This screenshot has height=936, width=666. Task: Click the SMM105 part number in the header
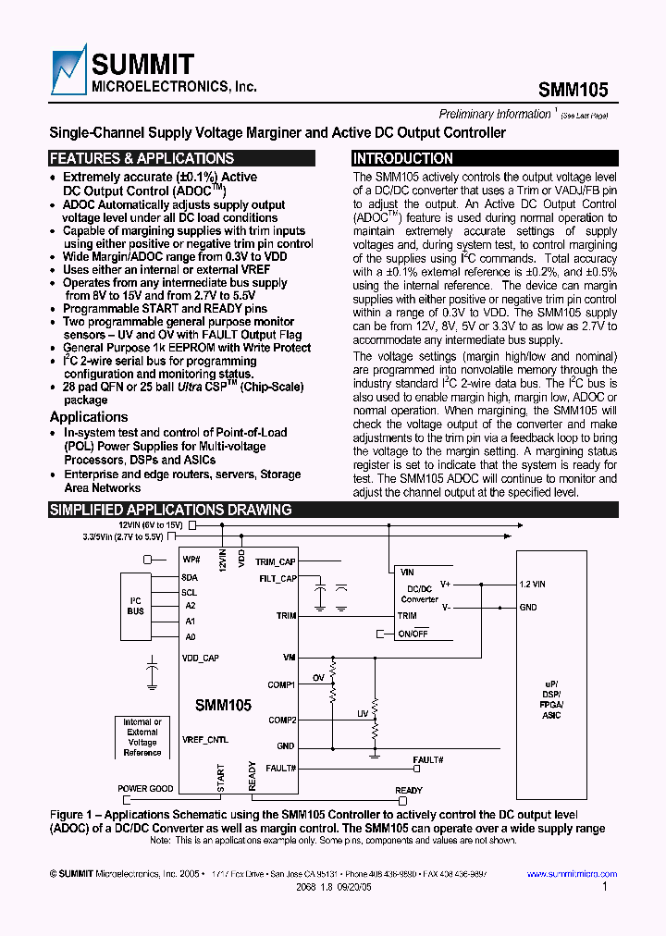click(x=573, y=91)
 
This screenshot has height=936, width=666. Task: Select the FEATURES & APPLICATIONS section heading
click(x=142, y=158)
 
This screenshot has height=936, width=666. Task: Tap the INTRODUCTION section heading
click(x=403, y=158)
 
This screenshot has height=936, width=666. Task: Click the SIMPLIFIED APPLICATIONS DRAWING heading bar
click(x=170, y=510)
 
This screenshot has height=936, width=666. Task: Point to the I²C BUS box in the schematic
click(x=135, y=606)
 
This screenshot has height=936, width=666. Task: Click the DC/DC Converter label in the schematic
click(x=419, y=594)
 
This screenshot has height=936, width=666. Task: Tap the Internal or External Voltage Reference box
click(x=142, y=737)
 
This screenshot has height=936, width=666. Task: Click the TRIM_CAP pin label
click(x=276, y=561)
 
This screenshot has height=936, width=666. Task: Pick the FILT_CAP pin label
click(x=277, y=579)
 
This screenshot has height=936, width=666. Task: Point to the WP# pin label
click(x=191, y=560)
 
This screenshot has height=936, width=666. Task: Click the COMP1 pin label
click(x=282, y=684)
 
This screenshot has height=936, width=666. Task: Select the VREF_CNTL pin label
click(x=205, y=740)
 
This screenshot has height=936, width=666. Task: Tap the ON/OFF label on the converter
click(x=413, y=634)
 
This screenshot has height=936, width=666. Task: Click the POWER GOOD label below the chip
click(x=145, y=790)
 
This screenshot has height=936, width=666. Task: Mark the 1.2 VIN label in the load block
click(x=533, y=584)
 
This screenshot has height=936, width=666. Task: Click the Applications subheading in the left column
click(x=89, y=417)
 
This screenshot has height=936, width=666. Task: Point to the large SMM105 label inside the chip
click(x=223, y=705)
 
